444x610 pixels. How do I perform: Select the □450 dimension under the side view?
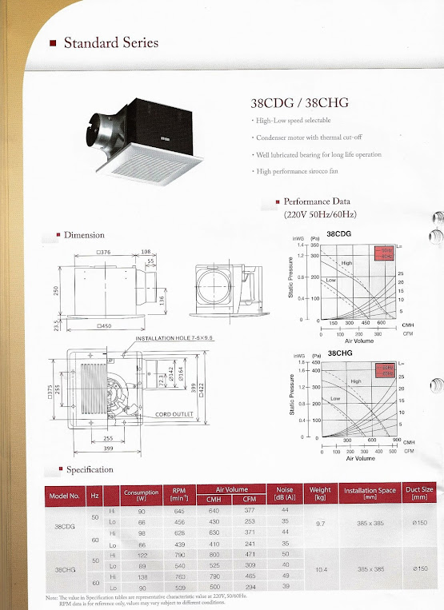102,327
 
